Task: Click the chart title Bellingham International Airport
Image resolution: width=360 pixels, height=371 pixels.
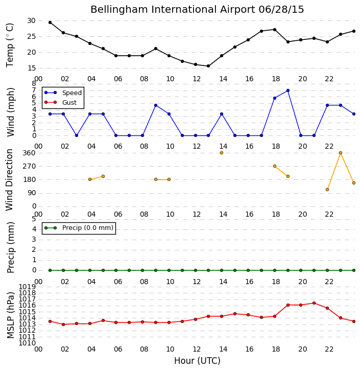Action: tap(173, 10)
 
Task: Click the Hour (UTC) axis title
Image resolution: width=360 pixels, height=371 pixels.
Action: tap(197, 361)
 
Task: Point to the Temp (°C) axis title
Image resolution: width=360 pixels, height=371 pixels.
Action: tap(10, 45)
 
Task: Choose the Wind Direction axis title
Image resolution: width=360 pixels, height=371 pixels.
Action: tap(9, 180)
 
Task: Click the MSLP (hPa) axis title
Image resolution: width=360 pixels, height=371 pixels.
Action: tap(11, 315)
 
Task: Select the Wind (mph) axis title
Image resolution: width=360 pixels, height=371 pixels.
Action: tap(11, 112)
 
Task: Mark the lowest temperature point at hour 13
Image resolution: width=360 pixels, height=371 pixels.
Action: tap(208, 66)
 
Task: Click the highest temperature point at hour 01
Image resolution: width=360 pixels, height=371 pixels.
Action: tap(50, 22)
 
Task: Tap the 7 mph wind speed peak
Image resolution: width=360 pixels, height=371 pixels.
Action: tap(288, 90)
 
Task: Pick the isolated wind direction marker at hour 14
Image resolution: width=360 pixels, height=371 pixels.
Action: tap(222, 153)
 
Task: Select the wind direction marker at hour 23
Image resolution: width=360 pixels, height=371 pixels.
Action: tap(341, 153)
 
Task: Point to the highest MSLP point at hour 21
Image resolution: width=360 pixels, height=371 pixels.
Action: tap(314, 303)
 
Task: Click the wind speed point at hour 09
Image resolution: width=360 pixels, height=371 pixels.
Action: tap(156, 105)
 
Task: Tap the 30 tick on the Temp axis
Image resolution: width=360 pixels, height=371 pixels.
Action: tap(32, 21)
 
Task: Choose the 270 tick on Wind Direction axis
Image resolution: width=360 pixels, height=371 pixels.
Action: tap(29, 166)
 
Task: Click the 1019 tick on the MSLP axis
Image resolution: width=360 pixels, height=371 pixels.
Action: tap(27, 287)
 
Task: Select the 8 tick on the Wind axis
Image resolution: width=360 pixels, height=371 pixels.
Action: tap(34, 84)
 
